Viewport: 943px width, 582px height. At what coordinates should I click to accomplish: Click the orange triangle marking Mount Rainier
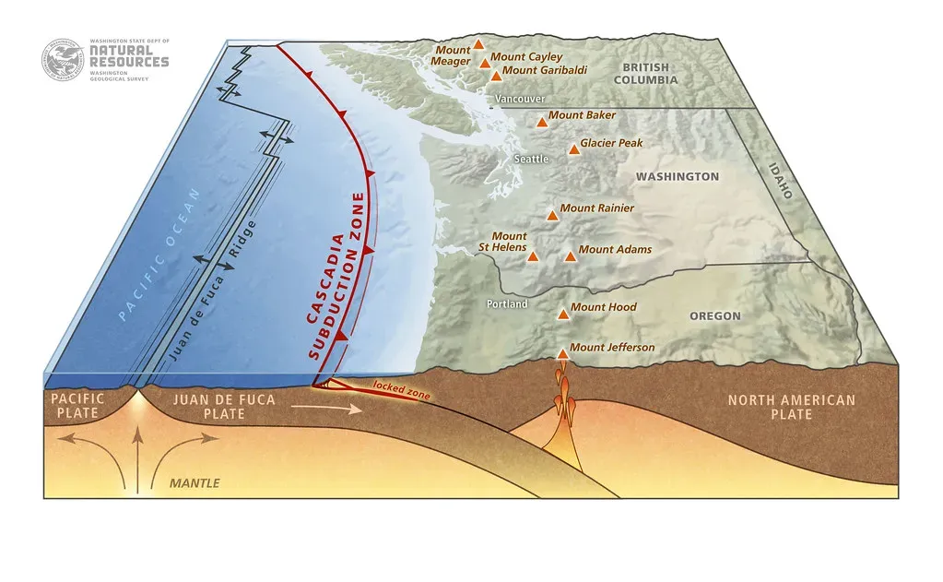tap(552, 215)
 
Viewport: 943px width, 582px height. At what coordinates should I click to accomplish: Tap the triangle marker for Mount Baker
tap(542, 122)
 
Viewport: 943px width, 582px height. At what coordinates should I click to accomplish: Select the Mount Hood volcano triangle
tap(563, 314)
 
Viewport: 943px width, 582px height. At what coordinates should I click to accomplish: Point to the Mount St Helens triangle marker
tap(533, 255)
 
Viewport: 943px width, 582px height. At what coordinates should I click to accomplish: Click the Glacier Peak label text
tap(611, 144)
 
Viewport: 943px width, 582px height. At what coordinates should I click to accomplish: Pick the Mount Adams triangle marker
tap(570, 255)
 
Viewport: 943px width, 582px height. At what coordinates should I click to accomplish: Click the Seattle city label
tap(531, 160)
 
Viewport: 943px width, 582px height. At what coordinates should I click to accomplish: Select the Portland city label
tap(506, 304)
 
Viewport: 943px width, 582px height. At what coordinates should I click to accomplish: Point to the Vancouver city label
tap(520, 99)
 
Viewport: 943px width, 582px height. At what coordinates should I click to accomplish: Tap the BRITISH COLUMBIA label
tap(650, 74)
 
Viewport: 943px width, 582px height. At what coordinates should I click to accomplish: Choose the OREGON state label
tap(714, 316)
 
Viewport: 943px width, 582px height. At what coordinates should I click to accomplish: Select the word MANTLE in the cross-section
tap(194, 482)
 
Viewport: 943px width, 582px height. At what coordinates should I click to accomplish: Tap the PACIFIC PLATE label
tap(77, 407)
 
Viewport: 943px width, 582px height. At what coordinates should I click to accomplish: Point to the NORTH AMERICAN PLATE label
tap(791, 407)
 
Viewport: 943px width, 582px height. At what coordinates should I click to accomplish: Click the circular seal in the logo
tap(62, 59)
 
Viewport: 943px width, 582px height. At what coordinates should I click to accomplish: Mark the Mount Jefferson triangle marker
tap(563, 353)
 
